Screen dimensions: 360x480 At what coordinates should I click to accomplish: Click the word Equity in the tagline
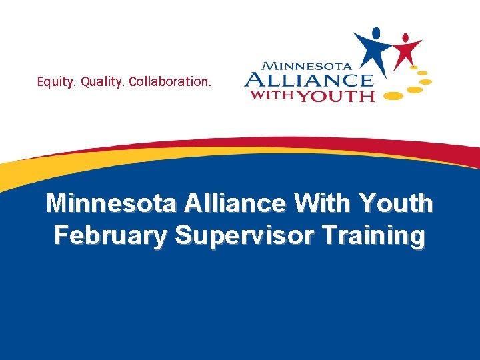point(56,83)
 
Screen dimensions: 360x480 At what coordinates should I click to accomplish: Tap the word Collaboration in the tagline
point(171,83)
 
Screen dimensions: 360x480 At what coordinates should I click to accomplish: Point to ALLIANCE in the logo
point(308,81)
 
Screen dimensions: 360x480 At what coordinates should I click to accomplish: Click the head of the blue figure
point(377,33)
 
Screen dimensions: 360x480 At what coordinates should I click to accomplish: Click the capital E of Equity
point(41,82)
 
